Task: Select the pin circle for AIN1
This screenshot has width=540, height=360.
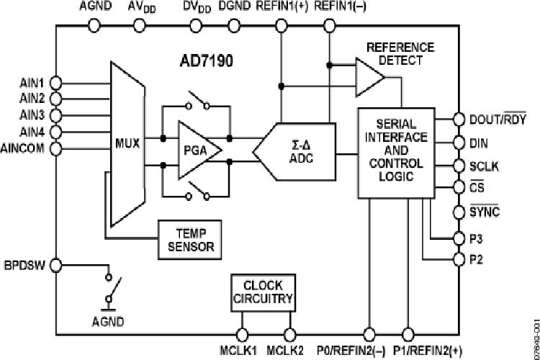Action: pos(57,83)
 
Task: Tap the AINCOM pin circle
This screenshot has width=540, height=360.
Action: pos(57,148)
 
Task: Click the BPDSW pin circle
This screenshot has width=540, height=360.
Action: pos(57,264)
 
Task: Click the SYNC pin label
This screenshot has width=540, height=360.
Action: pos(485,212)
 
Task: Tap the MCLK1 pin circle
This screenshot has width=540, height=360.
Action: pos(243,334)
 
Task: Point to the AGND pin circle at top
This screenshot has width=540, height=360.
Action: pos(94,25)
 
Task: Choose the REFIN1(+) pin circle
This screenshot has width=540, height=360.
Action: pos(281,25)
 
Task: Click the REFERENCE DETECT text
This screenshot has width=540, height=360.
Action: pos(400,54)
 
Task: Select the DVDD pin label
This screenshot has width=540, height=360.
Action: pos(195,8)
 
